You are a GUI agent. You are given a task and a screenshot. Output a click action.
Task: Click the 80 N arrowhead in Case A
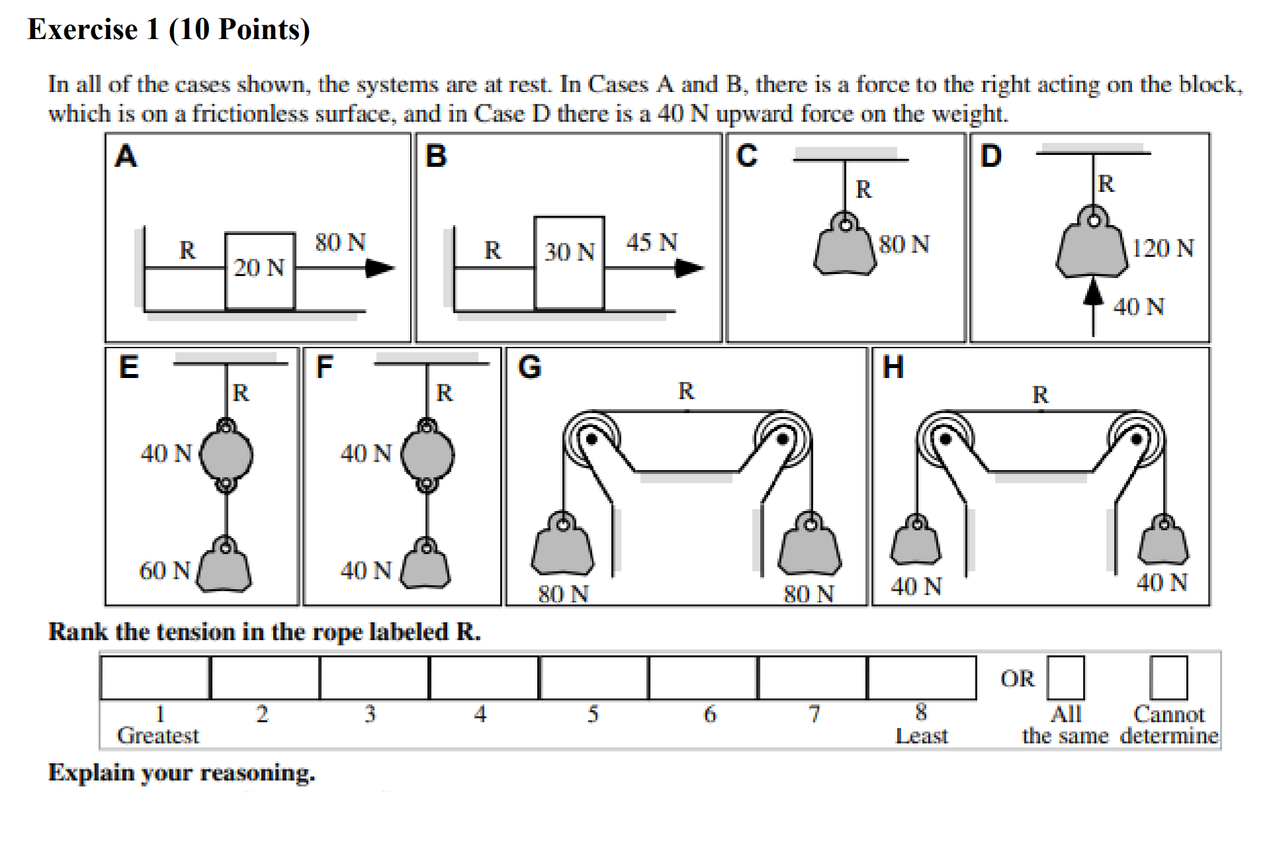click(x=380, y=268)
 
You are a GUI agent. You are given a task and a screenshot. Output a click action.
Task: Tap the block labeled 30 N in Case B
click(x=569, y=263)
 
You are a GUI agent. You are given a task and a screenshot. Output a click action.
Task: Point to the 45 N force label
click(x=652, y=242)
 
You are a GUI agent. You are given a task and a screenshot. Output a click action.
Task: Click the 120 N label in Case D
click(x=1163, y=249)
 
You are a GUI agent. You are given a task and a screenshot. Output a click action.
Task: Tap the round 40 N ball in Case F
click(x=427, y=455)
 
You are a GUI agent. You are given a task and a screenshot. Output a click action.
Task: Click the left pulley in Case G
click(x=591, y=439)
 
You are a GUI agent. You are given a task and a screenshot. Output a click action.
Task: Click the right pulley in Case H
click(x=1136, y=439)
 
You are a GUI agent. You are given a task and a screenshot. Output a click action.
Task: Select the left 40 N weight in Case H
click(x=916, y=541)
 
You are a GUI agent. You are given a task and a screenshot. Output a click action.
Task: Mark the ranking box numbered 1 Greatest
click(x=155, y=678)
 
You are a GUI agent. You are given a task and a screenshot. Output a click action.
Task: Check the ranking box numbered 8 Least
click(x=921, y=678)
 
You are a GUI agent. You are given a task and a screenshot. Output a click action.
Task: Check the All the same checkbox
click(x=1065, y=678)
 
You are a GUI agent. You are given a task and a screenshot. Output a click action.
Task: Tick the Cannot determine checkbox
click(x=1168, y=678)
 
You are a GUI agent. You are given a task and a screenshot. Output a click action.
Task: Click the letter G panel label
click(x=529, y=367)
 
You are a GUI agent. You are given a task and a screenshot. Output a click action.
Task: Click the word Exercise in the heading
click(x=83, y=30)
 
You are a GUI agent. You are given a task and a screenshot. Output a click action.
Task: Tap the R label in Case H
click(x=1040, y=395)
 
